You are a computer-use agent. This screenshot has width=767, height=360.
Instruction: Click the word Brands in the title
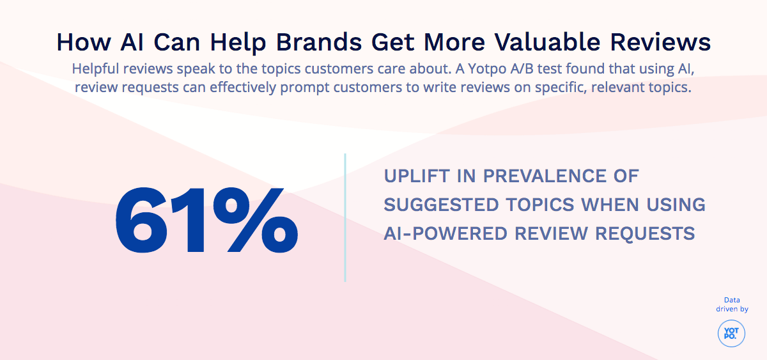(318, 42)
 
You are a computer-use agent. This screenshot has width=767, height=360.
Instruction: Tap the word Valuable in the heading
(547, 42)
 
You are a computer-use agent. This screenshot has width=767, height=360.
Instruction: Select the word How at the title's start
(84, 42)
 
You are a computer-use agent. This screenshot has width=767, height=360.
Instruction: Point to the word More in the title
(454, 42)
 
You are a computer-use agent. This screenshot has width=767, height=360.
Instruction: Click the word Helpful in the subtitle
(95, 68)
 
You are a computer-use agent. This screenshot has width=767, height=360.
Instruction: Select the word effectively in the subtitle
(243, 87)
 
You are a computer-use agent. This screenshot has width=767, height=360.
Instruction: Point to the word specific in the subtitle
(561, 88)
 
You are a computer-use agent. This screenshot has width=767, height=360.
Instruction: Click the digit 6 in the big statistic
(141, 220)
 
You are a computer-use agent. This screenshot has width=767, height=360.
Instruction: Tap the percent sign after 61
(256, 220)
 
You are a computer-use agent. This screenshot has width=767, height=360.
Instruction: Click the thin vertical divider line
(345, 218)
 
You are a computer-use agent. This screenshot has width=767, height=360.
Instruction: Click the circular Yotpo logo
(731, 333)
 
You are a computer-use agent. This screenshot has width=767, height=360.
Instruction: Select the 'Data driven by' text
(732, 304)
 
